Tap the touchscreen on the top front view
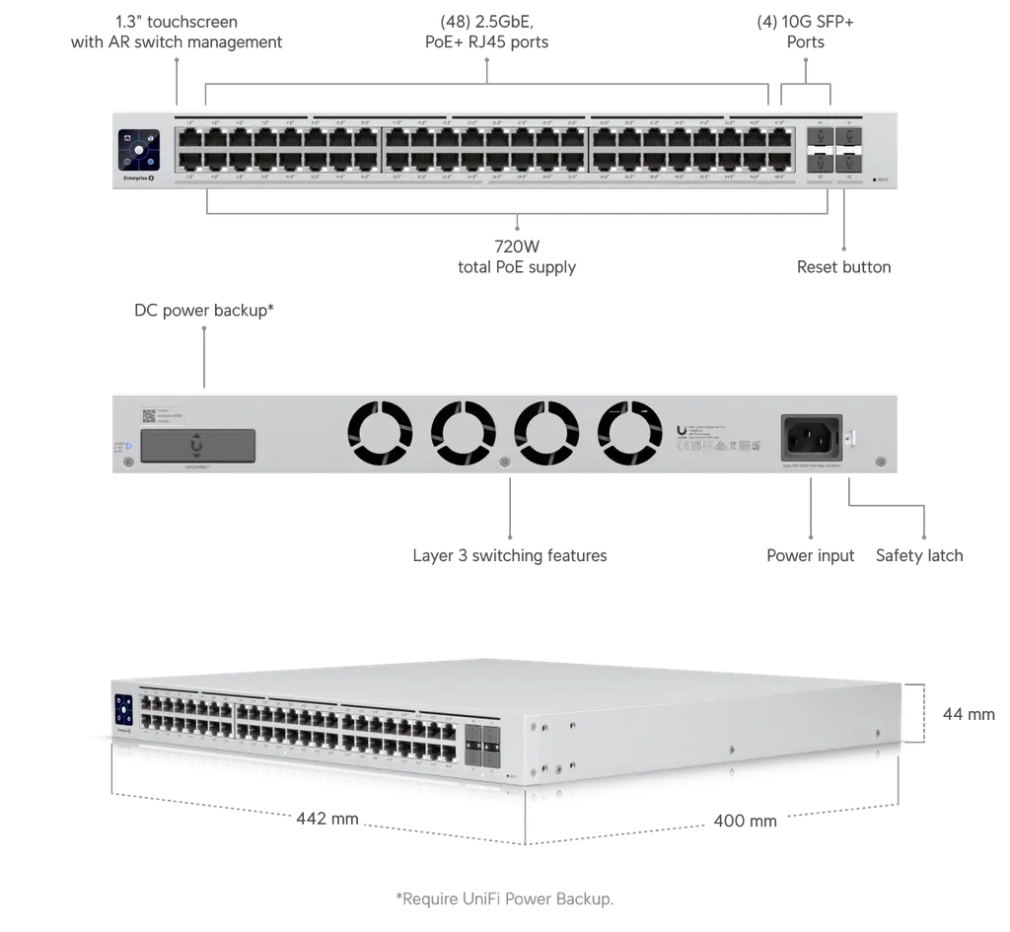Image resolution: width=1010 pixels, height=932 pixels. [139, 149]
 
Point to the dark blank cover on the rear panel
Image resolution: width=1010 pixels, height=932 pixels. [198, 445]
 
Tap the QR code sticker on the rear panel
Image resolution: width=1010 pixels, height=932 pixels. [149, 416]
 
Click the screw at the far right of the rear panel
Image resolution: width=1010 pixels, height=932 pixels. [878, 460]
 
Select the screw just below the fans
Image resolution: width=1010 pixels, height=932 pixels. [505, 461]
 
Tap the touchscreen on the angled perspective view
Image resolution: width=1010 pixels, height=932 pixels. [123, 711]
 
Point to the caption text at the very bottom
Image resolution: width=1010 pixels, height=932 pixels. [504, 897]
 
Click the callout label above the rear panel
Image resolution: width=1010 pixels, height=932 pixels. [203, 311]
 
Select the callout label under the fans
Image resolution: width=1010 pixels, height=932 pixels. [510, 557]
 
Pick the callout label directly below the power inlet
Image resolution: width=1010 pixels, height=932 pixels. [812, 557]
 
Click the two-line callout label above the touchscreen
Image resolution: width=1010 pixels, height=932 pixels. [175, 32]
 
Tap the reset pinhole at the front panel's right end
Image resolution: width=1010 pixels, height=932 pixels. [880, 180]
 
